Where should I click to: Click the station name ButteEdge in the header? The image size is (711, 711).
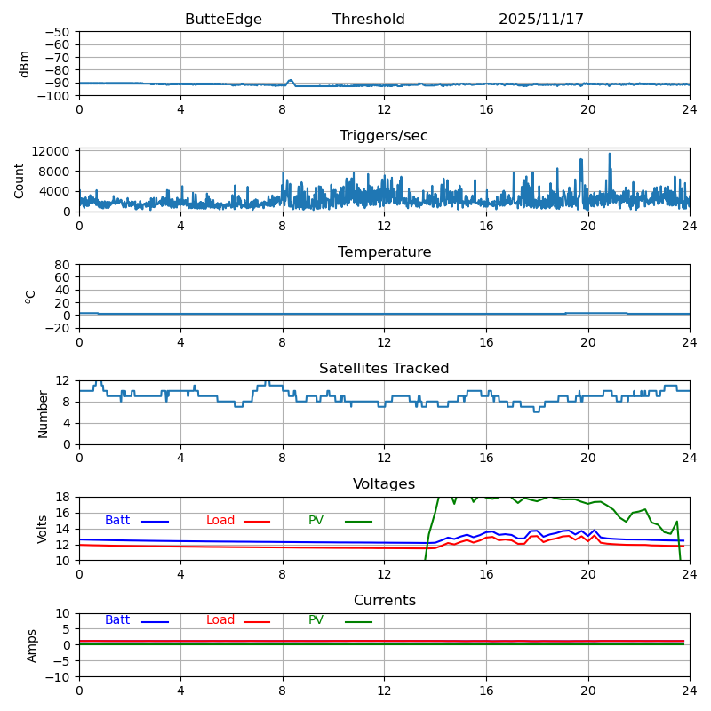(x=223, y=20)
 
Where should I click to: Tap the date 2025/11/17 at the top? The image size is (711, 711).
(x=541, y=20)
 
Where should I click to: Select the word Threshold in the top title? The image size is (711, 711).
(x=369, y=20)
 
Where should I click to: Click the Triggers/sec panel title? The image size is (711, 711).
(x=384, y=136)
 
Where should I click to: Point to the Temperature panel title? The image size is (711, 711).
(x=384, y=252)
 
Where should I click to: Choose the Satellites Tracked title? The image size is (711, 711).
(x=384, y=369)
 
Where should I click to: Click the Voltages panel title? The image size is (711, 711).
(x=384, y=484)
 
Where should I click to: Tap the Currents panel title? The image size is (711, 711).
(x=384, y=601)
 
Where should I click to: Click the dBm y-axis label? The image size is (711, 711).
(x=25, y=64)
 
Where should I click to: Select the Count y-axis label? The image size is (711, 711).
(x=20, y=180)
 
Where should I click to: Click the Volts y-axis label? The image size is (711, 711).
(x=43, y=529)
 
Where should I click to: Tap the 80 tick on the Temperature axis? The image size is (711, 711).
(x=62, y=265)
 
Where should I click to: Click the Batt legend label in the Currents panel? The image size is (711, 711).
(x=117, y=620)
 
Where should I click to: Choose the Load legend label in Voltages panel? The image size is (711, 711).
(x=220, y=521)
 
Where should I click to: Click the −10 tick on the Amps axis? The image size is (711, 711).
(x=59, y=677)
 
